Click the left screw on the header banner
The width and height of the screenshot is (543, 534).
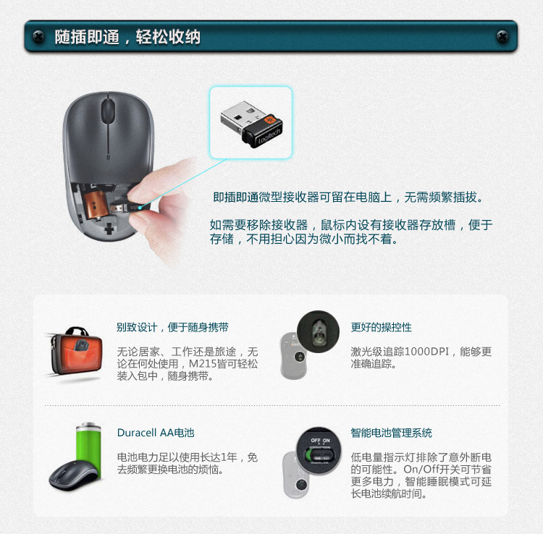point(38,36)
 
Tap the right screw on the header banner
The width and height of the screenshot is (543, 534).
point(502,36)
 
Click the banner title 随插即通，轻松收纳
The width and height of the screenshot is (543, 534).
point(127,37)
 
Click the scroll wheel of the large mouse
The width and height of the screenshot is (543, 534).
point(108,111)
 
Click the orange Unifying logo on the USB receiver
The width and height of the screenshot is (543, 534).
point(269,120)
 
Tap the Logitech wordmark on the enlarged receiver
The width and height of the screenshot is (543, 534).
point(269,137)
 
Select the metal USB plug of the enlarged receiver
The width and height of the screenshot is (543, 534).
point(240,115)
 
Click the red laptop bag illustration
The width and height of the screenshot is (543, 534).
point(77,351)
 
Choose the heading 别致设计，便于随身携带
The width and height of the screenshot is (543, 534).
point(172,327)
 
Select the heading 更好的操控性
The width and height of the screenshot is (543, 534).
point(382,327)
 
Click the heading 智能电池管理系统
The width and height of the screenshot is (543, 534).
point(391,433)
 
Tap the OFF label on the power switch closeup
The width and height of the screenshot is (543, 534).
point(315,441)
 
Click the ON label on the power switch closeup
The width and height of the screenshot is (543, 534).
point(327,441)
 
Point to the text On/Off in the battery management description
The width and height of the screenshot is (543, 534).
point(416,470)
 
